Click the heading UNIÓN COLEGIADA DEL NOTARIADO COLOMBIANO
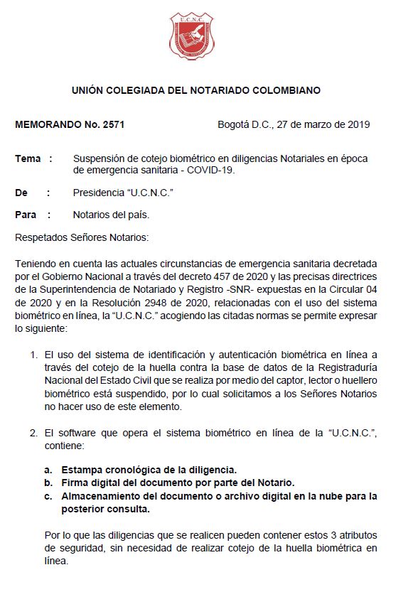[x=196, y=91]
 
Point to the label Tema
[x=28, y=158]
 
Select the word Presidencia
[x=100, y=193]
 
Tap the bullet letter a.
[x=48, y=470]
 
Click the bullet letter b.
[x=48, y=483]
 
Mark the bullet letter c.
[x=48, y=495]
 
